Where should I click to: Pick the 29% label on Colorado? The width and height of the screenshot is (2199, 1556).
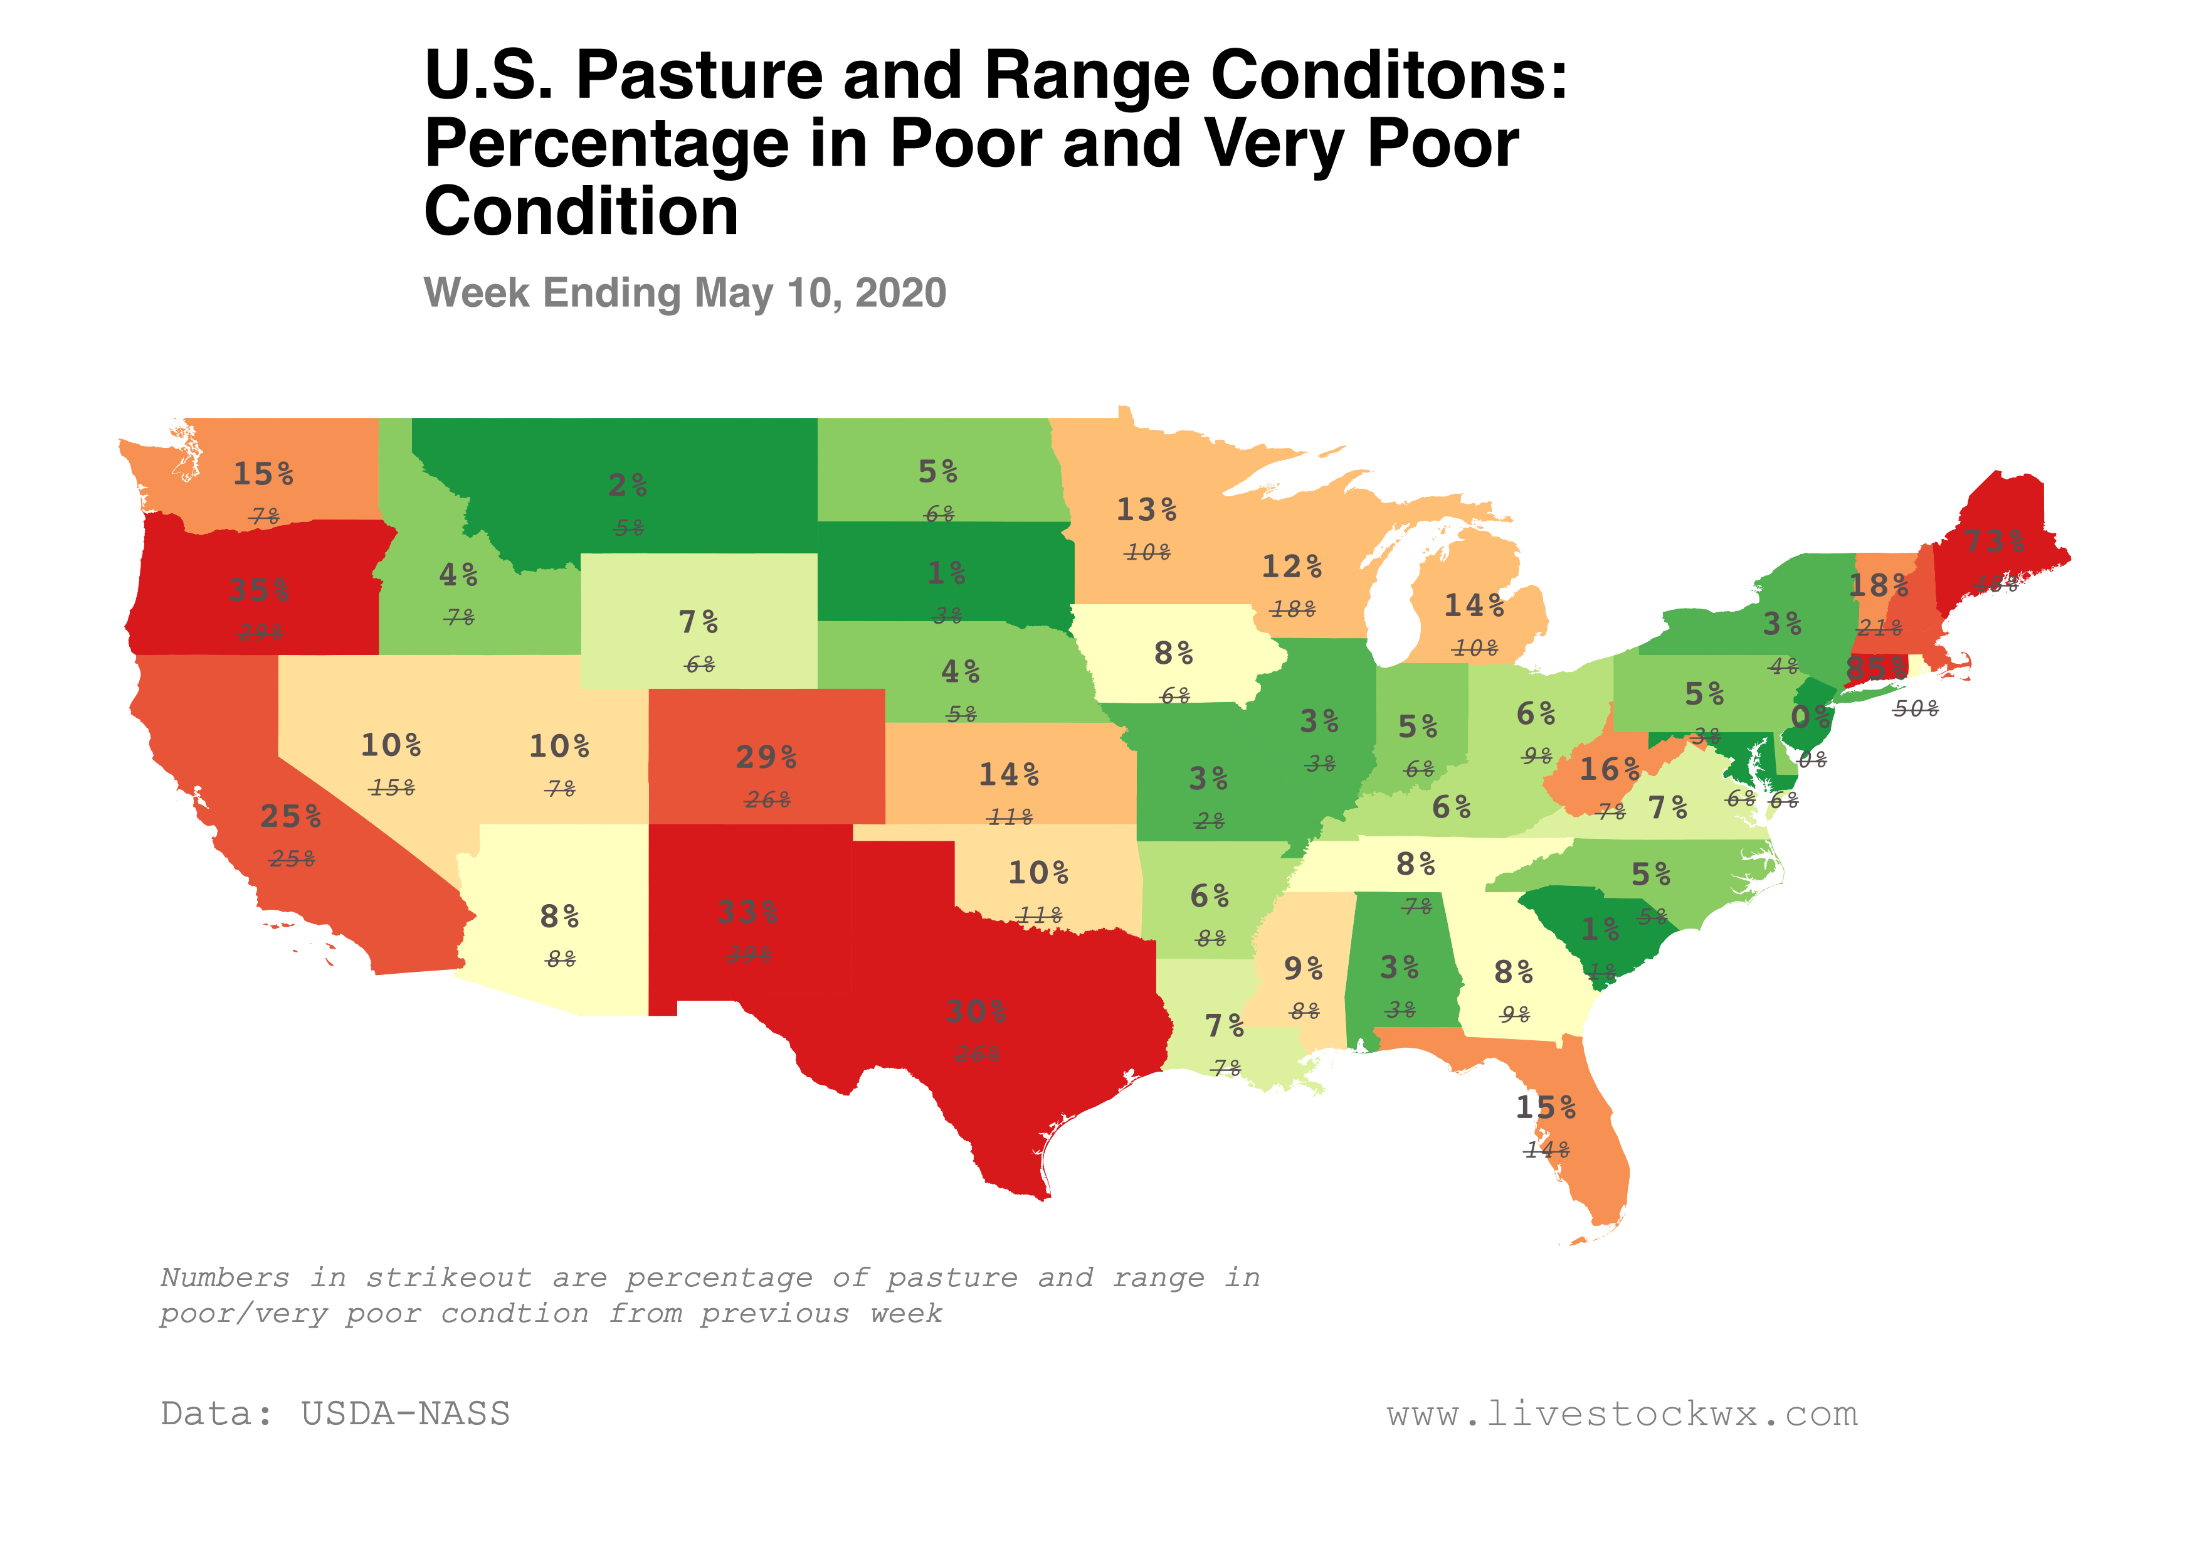pyautogui.click(x=766, y=757)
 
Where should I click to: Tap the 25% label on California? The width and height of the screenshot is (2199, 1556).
pyautogui.click(x=290, y=816)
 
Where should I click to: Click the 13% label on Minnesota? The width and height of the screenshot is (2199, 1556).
pyautogui.click(x=1146, y=509)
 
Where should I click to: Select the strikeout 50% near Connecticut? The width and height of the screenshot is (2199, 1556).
pyautogui.click(x=1916, y=709)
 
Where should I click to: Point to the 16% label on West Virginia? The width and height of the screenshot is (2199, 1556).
pyautogui.click(x=1609, y=769)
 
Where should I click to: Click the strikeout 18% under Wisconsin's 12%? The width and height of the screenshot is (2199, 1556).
pyautogui.click(x=1292, y=609)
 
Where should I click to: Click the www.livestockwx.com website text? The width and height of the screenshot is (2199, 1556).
pyautogui.click(x=1622, y=1414)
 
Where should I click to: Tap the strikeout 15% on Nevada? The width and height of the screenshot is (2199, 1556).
pyautogui.click(x=392, y=787)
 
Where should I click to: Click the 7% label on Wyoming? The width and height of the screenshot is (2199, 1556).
pyautogui.click(x=699, y=622)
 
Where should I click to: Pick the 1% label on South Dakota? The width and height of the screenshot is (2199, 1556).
pyautogui.click(x=946, y=573)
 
